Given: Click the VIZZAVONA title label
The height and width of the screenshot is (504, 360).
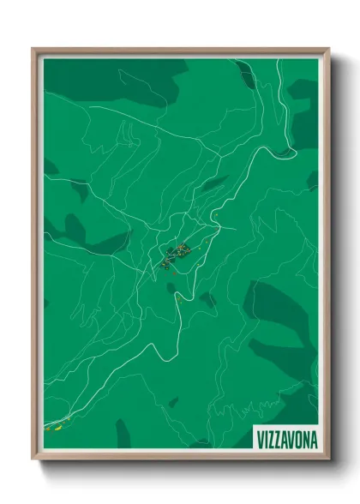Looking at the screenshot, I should tap(285, 439).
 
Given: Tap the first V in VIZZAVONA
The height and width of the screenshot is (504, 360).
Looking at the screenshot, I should tap(260, 439).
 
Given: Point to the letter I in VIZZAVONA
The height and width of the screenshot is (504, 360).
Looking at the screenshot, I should tap(266, 439).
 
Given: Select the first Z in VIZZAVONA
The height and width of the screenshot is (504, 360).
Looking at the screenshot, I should tap(272, 439).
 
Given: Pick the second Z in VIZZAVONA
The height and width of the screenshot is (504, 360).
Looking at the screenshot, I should tap(279, 439).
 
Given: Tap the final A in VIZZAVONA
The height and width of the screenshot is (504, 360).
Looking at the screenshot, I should tap(313, 439).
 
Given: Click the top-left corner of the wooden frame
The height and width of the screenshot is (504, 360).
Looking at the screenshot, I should tap(33, 49).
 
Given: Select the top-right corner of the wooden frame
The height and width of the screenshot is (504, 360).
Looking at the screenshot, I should tap(328, 49).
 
